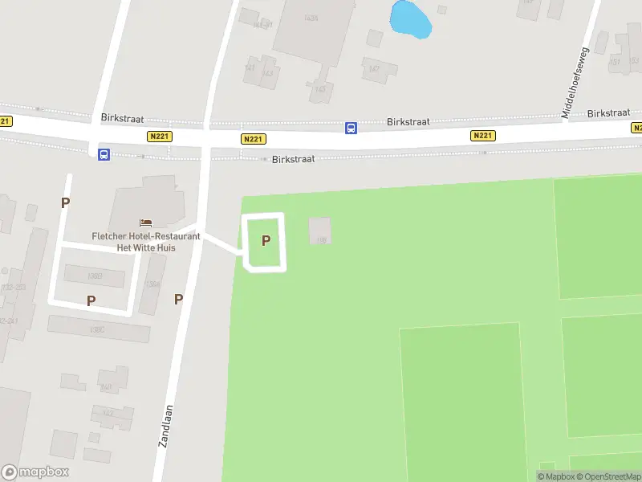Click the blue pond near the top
tap(410, 19)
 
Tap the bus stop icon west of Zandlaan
tap(104, 154)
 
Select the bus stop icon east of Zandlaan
tap(351, 128)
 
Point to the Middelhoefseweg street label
tap(575, 84)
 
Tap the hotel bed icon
tap(145, 223)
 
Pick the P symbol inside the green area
tap(266, 240)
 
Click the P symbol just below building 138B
tap(91, 300)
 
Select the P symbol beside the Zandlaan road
tap(178, 300)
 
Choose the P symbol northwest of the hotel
tap(65, 203)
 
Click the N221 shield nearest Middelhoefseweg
tap(482, 136)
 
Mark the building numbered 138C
tap(98, 329)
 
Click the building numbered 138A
tap(152, 284)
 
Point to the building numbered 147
tap(373, 69)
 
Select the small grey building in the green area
tap(319, 231)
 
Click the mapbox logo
tap(35, 472)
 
